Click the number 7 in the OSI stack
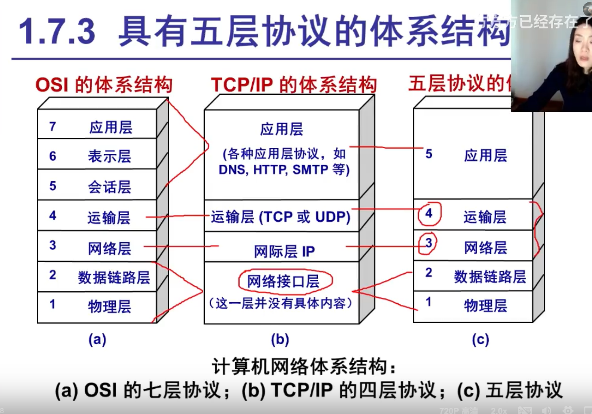point(52,127)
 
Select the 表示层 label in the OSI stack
point(109,156)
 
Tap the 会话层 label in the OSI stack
point(109,187)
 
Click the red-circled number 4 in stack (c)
point(429,213)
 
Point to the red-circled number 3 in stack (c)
point(428,243)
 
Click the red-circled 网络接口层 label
point(283,281)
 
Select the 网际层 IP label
point(284,251)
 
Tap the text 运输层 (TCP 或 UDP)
point(281,217)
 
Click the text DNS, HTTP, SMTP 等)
point(284,170)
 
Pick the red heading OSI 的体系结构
point(104,85)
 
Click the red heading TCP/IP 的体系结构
point(293,85)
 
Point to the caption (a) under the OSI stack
point(97,339)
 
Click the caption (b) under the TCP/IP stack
point(280,339)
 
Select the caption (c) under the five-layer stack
point(480,339)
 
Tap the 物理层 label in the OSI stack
point(109,307)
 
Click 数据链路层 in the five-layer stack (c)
point(490,277)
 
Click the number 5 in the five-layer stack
point(429,154)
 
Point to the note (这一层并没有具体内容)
point(281,303)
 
